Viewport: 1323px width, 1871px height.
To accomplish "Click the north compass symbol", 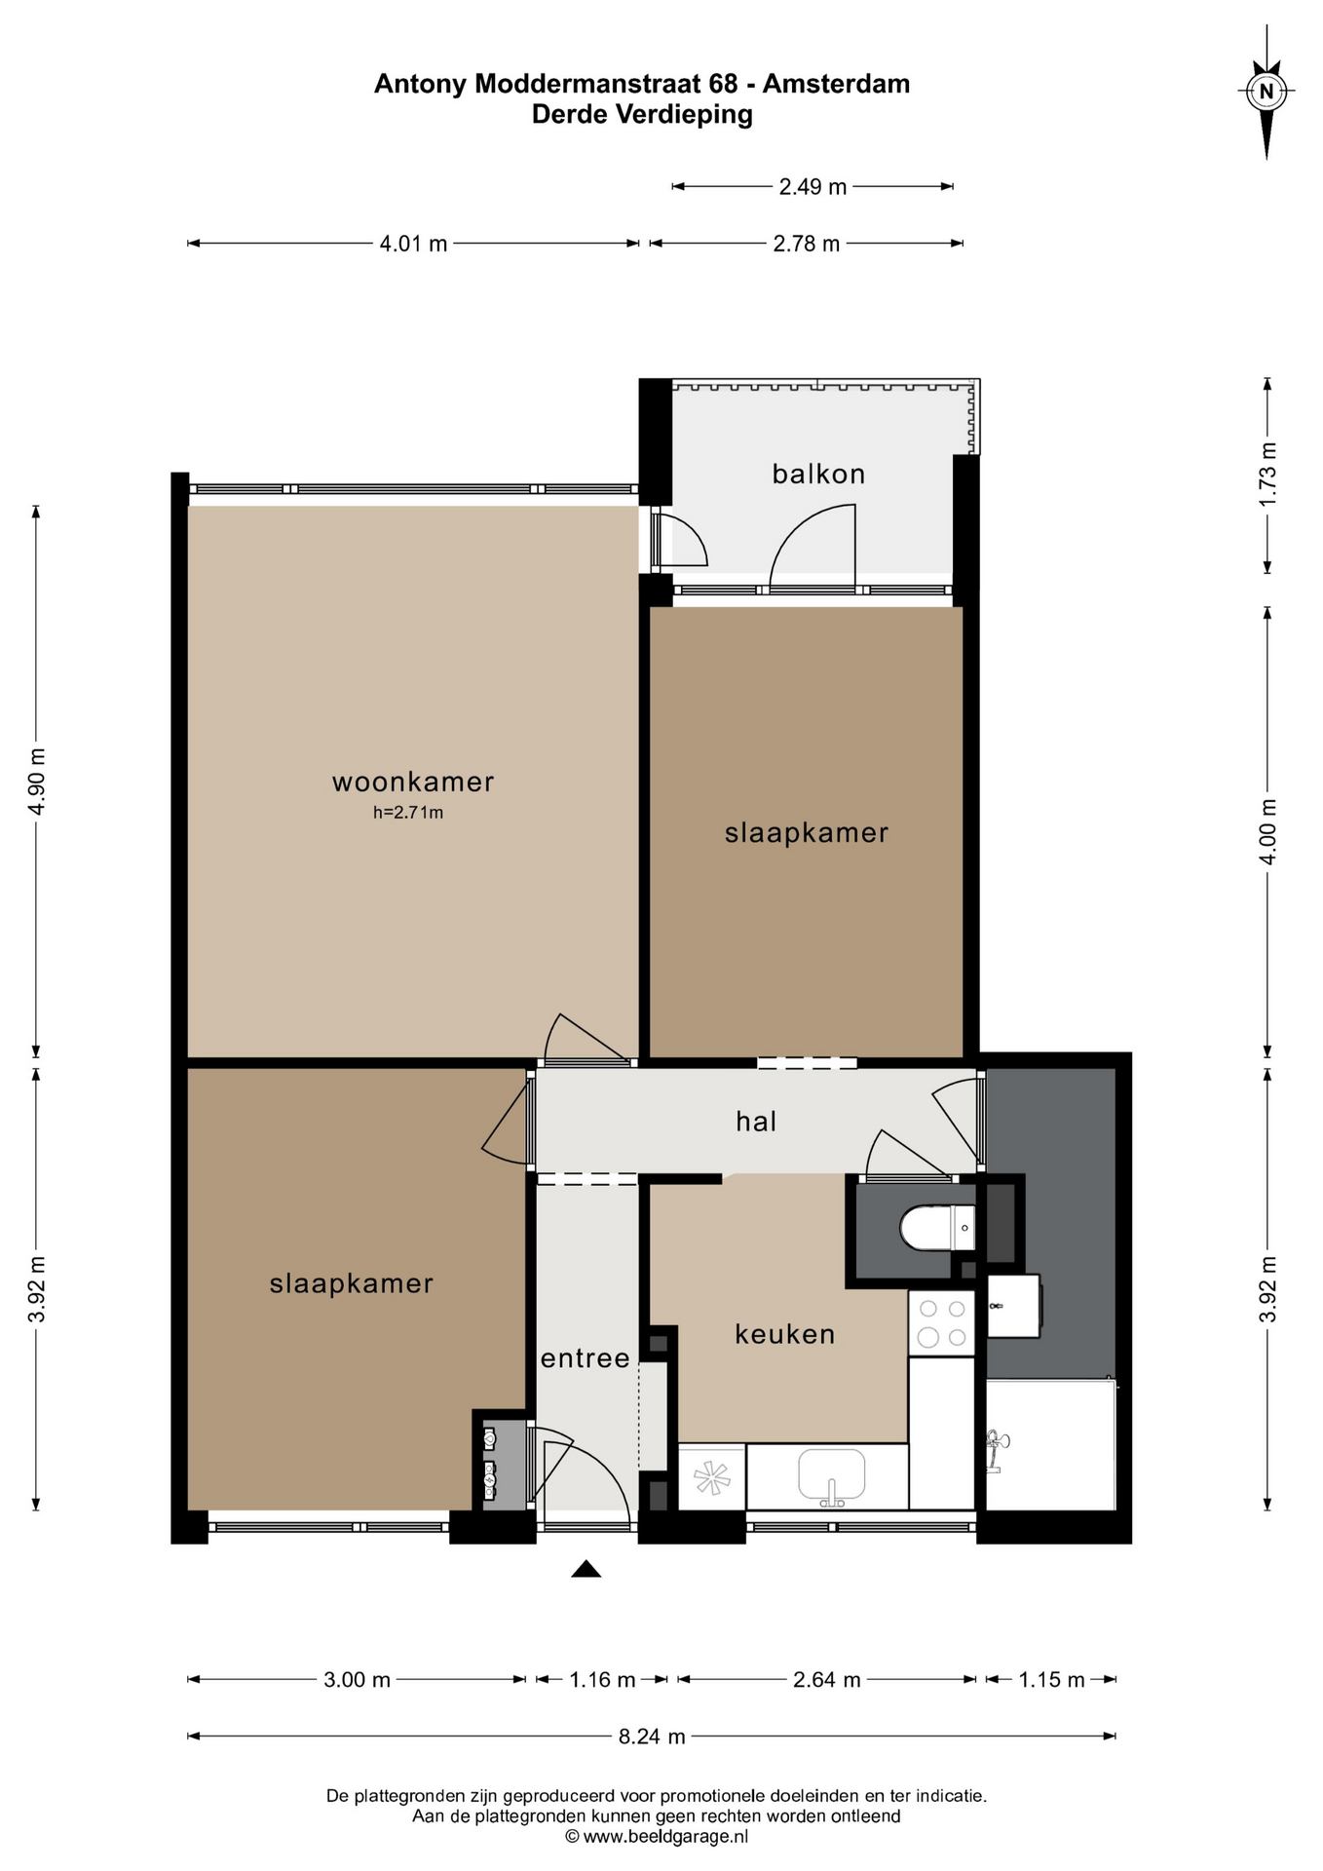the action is [1266, 93].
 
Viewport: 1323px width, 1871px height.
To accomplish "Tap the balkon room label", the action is [818, 475].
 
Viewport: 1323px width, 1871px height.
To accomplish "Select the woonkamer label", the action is [413, 782].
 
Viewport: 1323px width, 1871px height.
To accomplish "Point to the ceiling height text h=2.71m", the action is [408, 813].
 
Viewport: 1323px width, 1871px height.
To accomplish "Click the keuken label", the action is [785, 1334].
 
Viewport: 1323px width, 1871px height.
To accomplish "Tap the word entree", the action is [586, 1358].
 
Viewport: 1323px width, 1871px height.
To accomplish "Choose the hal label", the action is [756, 1122].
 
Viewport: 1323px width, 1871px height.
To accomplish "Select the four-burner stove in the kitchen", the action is [942, 1322].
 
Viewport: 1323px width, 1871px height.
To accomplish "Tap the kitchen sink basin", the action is [832, 1475].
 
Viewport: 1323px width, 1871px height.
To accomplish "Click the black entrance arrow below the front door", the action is [586, 1568].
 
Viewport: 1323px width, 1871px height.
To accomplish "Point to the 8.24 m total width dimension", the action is [652, 1736].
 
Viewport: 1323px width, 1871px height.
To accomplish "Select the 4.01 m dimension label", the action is [413, 244].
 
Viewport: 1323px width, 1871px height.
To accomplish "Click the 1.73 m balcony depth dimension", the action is [1267, 475].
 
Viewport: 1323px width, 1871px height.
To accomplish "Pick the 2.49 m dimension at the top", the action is [813, 186].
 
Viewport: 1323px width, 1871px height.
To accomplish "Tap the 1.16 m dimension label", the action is [602, 1679].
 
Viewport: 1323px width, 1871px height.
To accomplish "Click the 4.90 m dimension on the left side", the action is [37, 782].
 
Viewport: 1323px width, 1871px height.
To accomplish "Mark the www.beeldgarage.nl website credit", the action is [657, 1837].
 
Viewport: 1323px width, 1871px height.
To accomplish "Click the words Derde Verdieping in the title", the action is [642, 115].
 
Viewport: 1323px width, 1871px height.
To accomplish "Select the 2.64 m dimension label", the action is [827, 1679].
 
